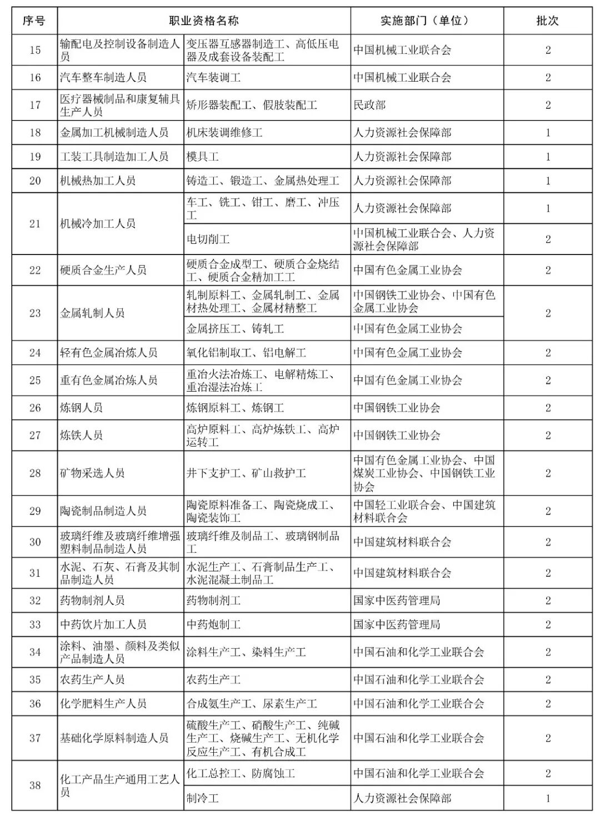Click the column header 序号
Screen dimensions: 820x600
(34, 21)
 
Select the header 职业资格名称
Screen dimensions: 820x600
(204, 21)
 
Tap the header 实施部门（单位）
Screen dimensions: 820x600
(426, 21)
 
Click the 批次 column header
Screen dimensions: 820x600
(547, 21)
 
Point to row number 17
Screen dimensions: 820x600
(35, 105)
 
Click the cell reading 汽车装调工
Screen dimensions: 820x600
(214, 78)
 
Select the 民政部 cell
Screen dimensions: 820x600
(369, 105)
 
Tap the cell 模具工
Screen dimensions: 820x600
(203, 157)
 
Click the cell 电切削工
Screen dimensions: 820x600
(208, 239)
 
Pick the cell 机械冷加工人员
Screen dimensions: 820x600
(98, 223)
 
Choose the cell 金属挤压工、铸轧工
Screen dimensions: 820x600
(236, 329)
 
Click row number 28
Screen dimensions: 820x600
(35, 473)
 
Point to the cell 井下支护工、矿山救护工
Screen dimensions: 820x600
(246, 473)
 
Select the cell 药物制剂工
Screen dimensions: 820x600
(214, 601)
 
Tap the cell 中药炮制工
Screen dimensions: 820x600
(214, 624)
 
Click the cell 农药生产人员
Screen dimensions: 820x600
(92, 679)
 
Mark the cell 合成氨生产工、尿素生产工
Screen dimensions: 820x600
(252, 704)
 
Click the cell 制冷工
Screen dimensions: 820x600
(203, 798)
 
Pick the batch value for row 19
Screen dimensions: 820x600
(548, 157)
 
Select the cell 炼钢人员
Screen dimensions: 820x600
(81, 408)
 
